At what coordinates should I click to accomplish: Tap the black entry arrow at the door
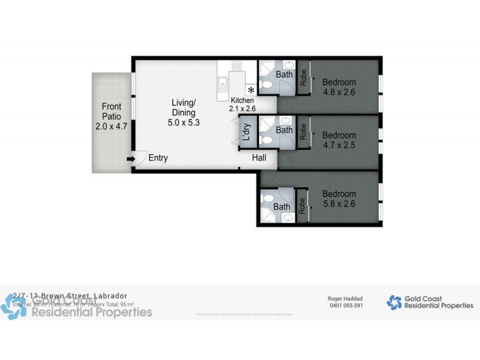pos(130,159)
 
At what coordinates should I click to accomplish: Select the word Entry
pos(157,158)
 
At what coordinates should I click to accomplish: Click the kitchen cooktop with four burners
pos(236,66)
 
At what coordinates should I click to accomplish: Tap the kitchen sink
pos(222,83)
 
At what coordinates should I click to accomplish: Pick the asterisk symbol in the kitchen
pos(251,90)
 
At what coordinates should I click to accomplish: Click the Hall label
pos(259,158)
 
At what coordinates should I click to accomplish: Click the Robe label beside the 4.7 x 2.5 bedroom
pos(303,131)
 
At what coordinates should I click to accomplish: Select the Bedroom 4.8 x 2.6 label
pos(339,87)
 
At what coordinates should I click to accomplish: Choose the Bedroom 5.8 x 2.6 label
pos(339,199)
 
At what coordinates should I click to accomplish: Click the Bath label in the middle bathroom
pos(284,130)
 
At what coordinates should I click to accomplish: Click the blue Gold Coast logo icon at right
pos(394,302)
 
